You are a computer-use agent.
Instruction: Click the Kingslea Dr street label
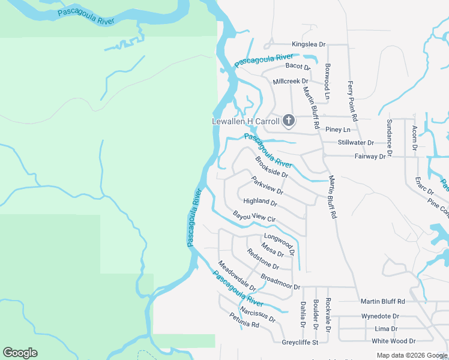coord(308,44)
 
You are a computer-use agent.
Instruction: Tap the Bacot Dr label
coord(297,65)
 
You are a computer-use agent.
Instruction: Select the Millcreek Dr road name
coord(290,81)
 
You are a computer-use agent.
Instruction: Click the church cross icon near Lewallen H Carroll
coord(288,121)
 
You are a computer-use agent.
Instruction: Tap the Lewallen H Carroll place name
coord(246,121)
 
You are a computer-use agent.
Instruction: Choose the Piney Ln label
coord(337,130)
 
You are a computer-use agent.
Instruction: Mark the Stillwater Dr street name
coord(355,143)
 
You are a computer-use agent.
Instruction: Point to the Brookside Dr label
coord(271,167)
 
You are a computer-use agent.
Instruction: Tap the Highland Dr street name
coord(260,202)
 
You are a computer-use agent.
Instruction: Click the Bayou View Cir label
coord(254,217)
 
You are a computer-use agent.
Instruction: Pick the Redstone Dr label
coord(263,259)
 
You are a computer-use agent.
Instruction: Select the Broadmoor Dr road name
coord(280,283)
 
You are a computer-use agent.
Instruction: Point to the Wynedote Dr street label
coord(379,316)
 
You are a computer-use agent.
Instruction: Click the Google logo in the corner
coord(20,353)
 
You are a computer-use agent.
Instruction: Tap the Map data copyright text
coord(412,355)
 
